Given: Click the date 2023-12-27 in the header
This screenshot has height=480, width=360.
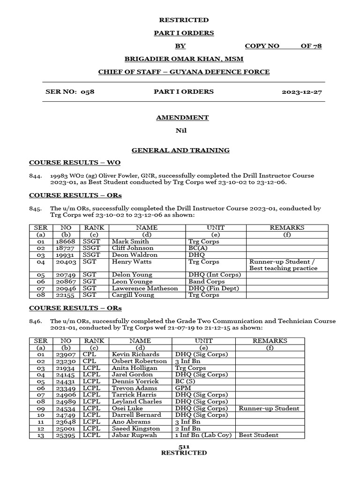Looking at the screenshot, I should coord(301,92).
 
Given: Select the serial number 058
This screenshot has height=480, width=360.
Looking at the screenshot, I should coord(88,92).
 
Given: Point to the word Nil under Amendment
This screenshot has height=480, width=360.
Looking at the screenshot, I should coord(181,130).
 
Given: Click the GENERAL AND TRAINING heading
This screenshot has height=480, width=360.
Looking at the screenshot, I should coord(180,150).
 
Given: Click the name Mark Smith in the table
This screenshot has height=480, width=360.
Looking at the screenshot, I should coord(130,241).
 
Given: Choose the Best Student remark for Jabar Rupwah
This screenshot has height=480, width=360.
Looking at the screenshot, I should coord(258,435).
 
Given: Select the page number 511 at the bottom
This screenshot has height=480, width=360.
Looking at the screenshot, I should coord(183,447).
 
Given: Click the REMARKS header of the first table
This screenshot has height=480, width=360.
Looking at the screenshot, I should coord(287,227).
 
